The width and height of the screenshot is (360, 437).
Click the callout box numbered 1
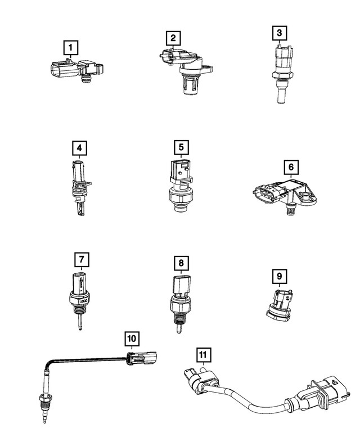(70, 48)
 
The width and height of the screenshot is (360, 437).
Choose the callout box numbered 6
(291, 168)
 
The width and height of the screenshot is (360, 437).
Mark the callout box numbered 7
(82, 259)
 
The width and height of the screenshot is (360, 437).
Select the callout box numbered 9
(280, 276)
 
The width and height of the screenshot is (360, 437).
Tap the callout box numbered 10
(132, 339)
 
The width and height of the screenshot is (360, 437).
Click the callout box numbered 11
(202, 354)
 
